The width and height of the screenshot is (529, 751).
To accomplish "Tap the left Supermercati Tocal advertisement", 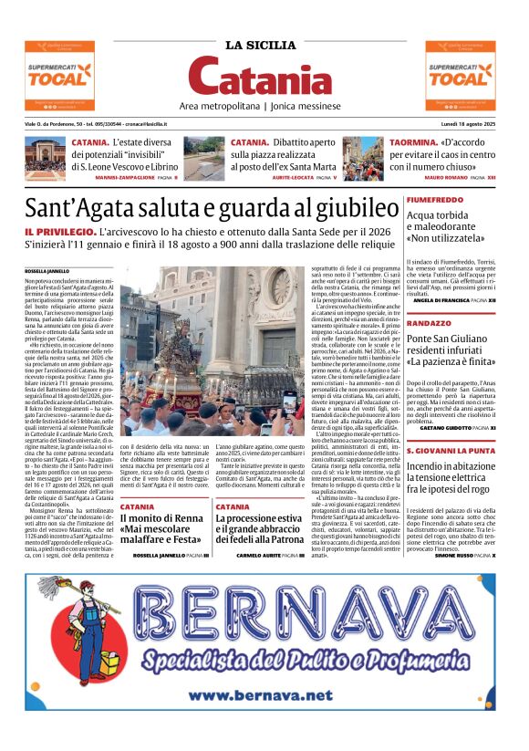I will point(59,76).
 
